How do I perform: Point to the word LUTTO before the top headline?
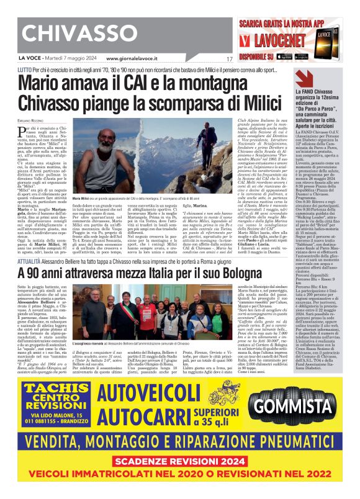tap(25, 71)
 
